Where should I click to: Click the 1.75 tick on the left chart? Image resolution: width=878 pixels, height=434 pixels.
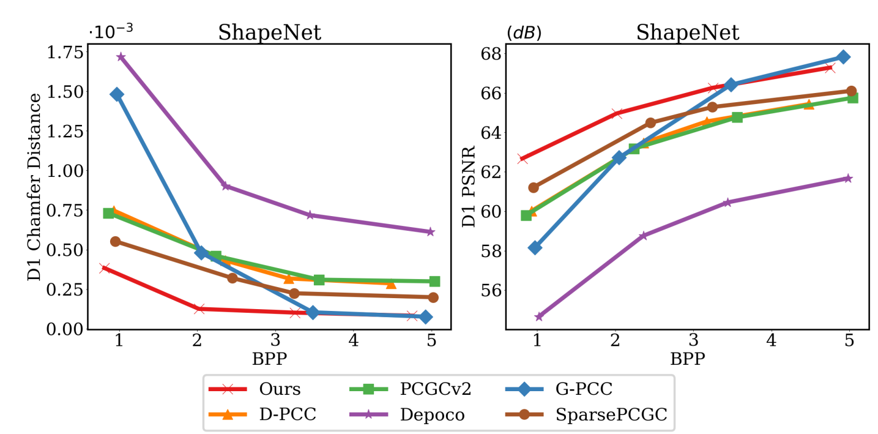point(65,53)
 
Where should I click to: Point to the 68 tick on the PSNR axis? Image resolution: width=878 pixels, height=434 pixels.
point(488,53)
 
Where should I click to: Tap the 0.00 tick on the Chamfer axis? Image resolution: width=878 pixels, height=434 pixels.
point(65,329)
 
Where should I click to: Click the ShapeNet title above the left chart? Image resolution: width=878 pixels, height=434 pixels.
point(270,32)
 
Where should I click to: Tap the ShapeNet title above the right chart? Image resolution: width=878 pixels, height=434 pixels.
point(688,32)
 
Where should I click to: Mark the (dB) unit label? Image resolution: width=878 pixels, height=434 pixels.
point(524,33)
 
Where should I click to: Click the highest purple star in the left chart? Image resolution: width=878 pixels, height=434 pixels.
point(121,57)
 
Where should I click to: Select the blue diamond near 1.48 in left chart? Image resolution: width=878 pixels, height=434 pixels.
point(117,94)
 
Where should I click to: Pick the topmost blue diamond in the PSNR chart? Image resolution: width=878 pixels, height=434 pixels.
point(843,57)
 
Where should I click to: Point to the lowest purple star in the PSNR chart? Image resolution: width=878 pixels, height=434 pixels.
point(539,316)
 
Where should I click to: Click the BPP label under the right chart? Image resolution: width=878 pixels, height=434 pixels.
point(688,359)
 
